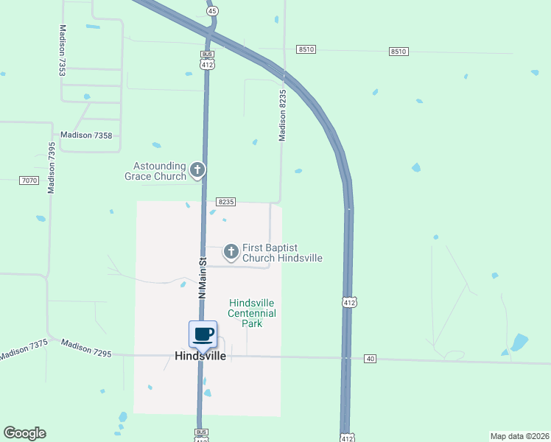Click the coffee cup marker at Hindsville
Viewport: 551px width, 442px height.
click(203, 334)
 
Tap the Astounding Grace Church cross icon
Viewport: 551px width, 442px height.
click(197, 171)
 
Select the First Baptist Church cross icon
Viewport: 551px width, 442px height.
click(231, 253)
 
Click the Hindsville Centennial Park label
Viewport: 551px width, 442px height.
click(252, 313)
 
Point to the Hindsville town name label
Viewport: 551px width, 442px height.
click(200, 355)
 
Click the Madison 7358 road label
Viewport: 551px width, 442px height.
click(86, 135)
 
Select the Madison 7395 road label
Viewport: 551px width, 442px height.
click(52, 168)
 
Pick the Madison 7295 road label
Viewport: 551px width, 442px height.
click(86, 348)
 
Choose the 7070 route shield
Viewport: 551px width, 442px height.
click(29, 180)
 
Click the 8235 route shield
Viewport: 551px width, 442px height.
click(225, 201)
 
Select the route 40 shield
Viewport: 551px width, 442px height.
click(370, 358)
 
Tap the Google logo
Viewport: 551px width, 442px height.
click(24, 433)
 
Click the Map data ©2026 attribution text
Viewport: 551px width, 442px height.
click(519, 435)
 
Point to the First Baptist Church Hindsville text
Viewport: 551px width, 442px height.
click(282, 253)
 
